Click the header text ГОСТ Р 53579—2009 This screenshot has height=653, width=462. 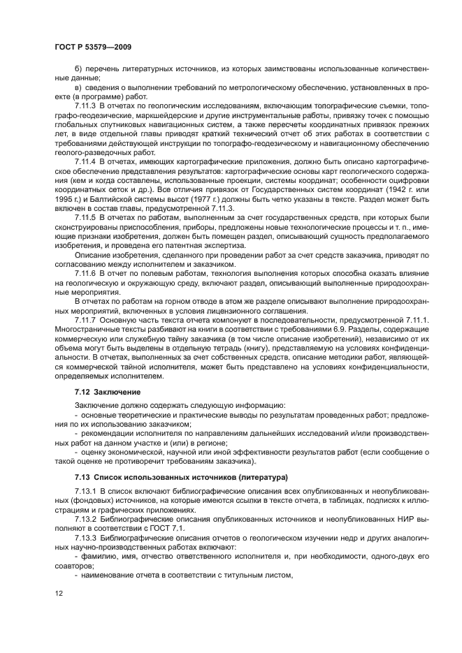pyautogui.click(x=92, y=47)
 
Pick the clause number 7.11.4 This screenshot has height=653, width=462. pyautogui.click(x=87, y=159)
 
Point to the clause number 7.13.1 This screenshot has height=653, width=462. pyautogui.click(x=87, y=493)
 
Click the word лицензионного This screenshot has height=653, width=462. pyautogui.click(x=235, y=310)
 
